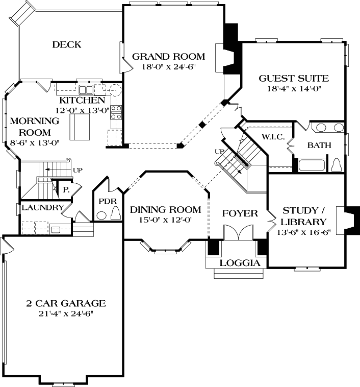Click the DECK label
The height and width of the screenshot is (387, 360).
pos(66,45)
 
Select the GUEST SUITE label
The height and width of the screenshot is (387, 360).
pos(293,79)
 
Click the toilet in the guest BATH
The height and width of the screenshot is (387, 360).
pos(337,164)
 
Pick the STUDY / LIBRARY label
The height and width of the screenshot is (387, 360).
pos(304,216)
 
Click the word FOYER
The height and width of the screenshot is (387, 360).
pos(240,213)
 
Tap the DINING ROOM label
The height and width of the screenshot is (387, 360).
pos(165,210)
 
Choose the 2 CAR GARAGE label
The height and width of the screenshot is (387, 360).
pos(66,303)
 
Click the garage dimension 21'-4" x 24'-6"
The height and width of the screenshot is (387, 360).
pos(66,313)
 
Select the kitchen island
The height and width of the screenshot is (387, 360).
pos(80,127)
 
